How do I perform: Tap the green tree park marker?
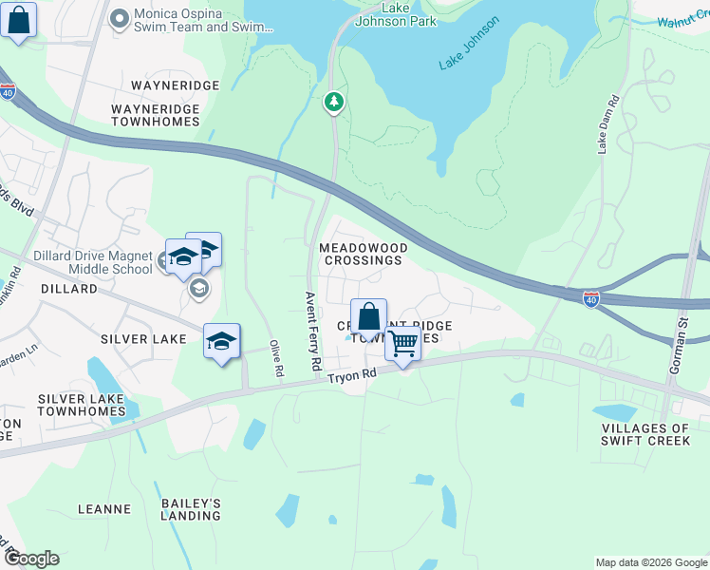[333, 101]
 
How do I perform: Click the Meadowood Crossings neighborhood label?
[364, 254]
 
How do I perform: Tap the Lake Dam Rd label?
[608, 123]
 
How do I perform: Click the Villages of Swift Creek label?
[645, 434]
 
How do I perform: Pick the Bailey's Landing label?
[191, 509]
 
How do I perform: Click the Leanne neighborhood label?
[104, 509]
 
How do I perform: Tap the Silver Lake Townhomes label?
[82, 406]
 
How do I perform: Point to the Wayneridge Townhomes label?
[156, 115]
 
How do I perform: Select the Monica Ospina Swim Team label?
[190, 21]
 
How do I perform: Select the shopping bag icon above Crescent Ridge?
[368, 316]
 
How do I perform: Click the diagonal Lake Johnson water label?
[468, 43]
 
